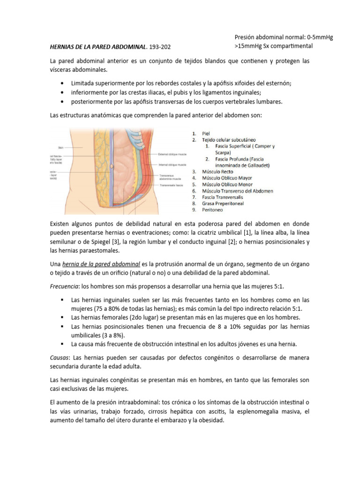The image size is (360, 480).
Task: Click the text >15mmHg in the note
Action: tap(250, 46)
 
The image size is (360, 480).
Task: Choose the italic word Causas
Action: tap(59, 358)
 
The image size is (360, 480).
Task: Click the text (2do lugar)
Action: tap(139, 317)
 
